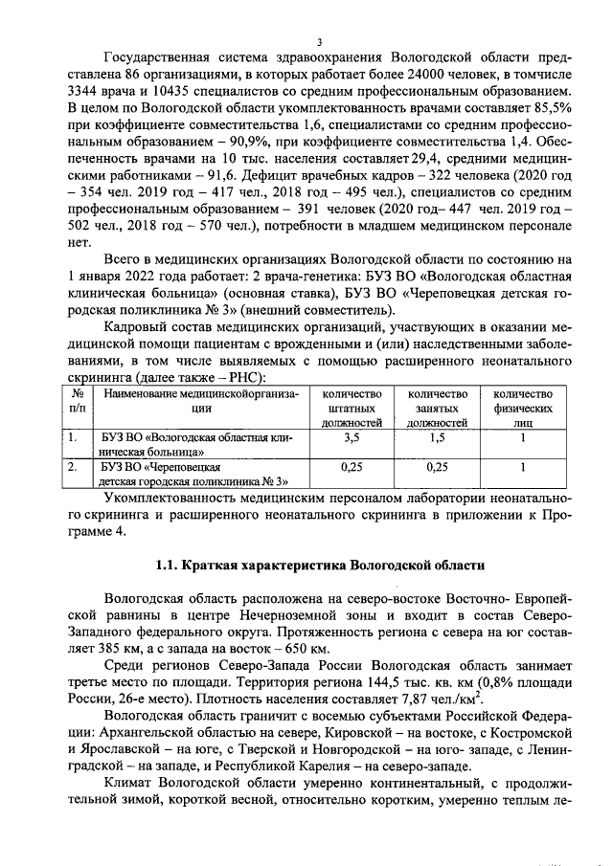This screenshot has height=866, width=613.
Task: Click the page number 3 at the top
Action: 319,41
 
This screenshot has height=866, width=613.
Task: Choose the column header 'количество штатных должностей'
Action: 353,407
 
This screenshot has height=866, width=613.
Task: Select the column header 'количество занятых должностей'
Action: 437,407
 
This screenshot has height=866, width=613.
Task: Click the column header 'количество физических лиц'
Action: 523,407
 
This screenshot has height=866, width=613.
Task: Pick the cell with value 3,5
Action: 353,437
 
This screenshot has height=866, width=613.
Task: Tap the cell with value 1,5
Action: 437,437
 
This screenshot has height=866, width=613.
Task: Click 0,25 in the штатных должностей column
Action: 353,468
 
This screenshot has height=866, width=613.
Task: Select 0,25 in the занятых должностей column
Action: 437,468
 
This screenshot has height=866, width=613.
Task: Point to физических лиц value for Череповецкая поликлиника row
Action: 523,468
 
